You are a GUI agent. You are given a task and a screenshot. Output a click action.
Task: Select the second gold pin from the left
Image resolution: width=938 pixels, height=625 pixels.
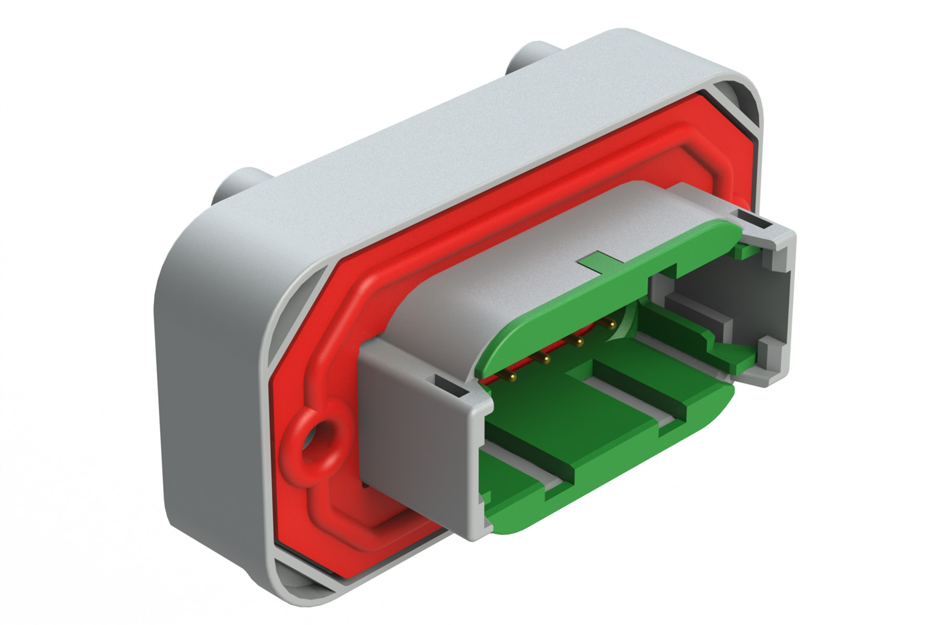545,358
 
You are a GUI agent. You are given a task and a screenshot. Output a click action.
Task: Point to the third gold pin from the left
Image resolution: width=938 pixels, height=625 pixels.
577,341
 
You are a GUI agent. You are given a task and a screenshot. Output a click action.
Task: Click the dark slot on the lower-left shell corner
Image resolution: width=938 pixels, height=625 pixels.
449,387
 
